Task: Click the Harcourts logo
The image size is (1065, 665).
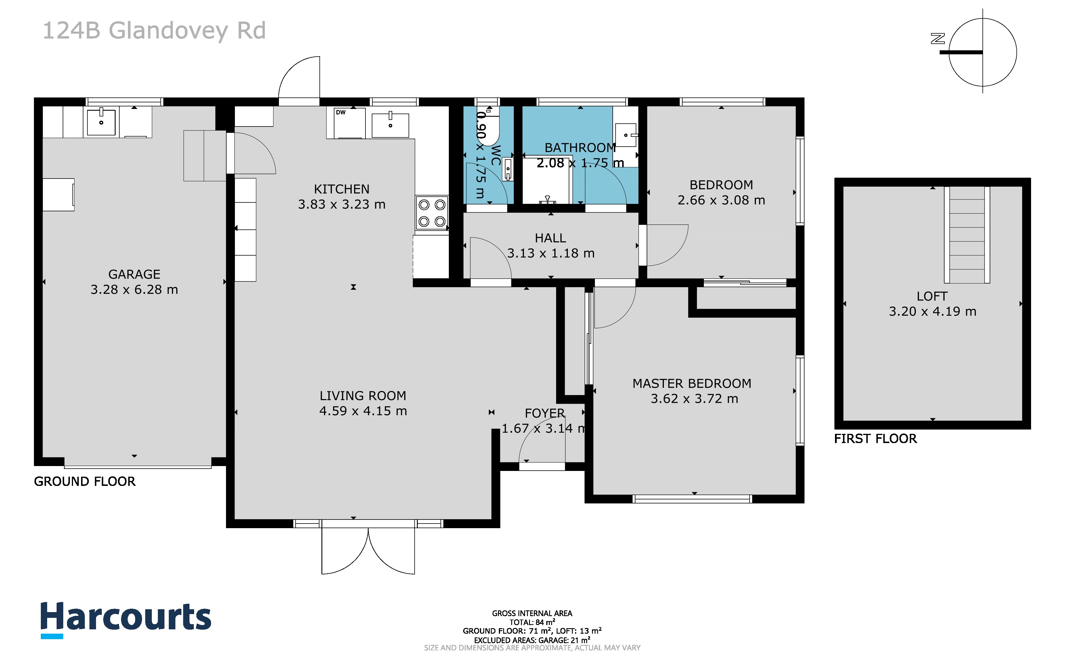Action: [126, 620]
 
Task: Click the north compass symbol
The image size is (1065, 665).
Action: [979, 52]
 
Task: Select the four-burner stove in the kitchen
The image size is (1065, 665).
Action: [432, 213]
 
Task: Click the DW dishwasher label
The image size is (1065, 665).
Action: [341, 113]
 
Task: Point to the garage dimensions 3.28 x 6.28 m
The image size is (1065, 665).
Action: [134, 290]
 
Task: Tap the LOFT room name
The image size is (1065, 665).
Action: [932, 296]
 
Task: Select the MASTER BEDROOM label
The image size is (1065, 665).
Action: [692, 384]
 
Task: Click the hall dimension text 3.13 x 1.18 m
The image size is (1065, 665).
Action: [551, 253]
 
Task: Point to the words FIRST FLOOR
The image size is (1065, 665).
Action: [876, 439]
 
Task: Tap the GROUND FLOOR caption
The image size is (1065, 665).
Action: [85, 482]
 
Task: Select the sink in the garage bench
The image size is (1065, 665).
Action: [101, 121]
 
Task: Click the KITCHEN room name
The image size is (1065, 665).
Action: [342, 189]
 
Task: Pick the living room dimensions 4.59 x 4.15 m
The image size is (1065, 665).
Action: [363, 411]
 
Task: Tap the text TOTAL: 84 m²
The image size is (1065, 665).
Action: [532, 622]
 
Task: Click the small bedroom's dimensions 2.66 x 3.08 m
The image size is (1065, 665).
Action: [721, 200]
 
